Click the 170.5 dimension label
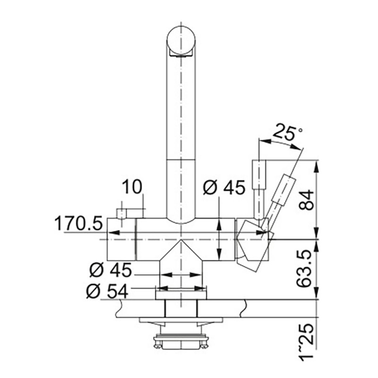coord(78,223)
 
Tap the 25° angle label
coord(286,132)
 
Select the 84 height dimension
coord(306,200)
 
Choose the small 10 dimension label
coord(132,187)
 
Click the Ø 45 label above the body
coord(224,187)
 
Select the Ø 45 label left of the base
coord(111,270)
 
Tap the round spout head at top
coord(181,40)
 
